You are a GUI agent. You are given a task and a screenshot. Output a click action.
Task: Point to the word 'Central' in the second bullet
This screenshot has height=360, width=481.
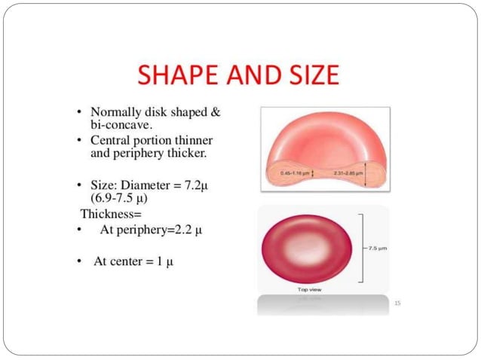click(x=115, y=141)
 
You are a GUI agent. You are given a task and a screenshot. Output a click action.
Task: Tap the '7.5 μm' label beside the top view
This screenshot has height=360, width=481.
click(x=376, y=247)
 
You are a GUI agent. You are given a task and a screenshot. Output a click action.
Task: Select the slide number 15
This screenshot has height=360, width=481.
click(x=397, y=303)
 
